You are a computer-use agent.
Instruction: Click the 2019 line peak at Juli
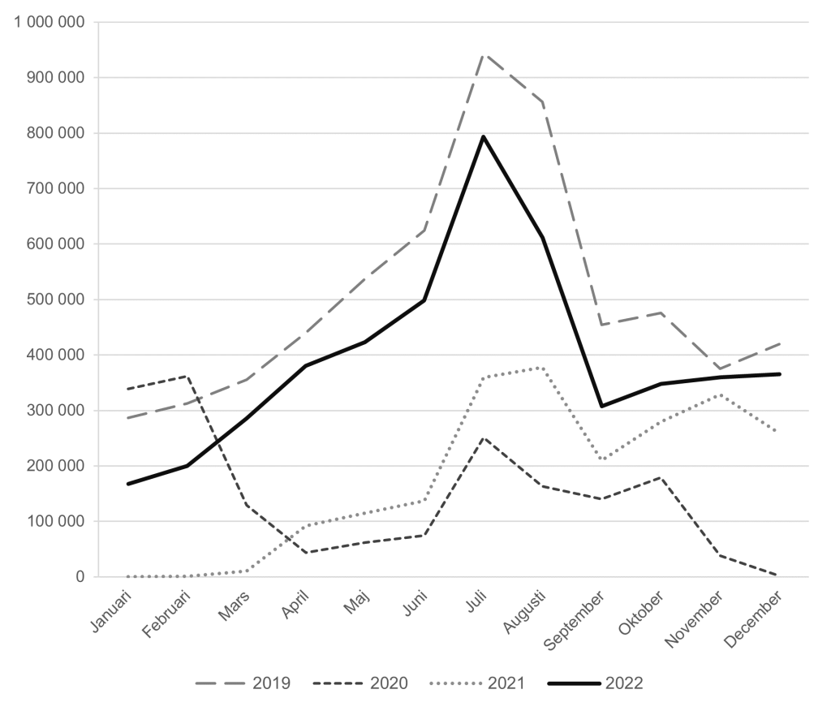click(x=484, y=54)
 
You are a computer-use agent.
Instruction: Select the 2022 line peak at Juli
click(x=484, y=136)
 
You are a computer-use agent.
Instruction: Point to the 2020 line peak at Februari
click(x=187, y=376)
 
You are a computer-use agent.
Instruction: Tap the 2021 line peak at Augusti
click(x=543, y=368)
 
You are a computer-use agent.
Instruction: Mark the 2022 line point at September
click(x=602, y=406)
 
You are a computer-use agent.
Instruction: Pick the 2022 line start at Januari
click(x=128, y=484)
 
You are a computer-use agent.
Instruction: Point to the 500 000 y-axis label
click(x=54, y=299)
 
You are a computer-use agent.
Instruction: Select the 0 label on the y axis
click(x=80, y=577)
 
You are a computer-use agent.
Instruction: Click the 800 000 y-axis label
click(x=54, y=133)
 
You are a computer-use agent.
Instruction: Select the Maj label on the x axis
click(x=356, y=605)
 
